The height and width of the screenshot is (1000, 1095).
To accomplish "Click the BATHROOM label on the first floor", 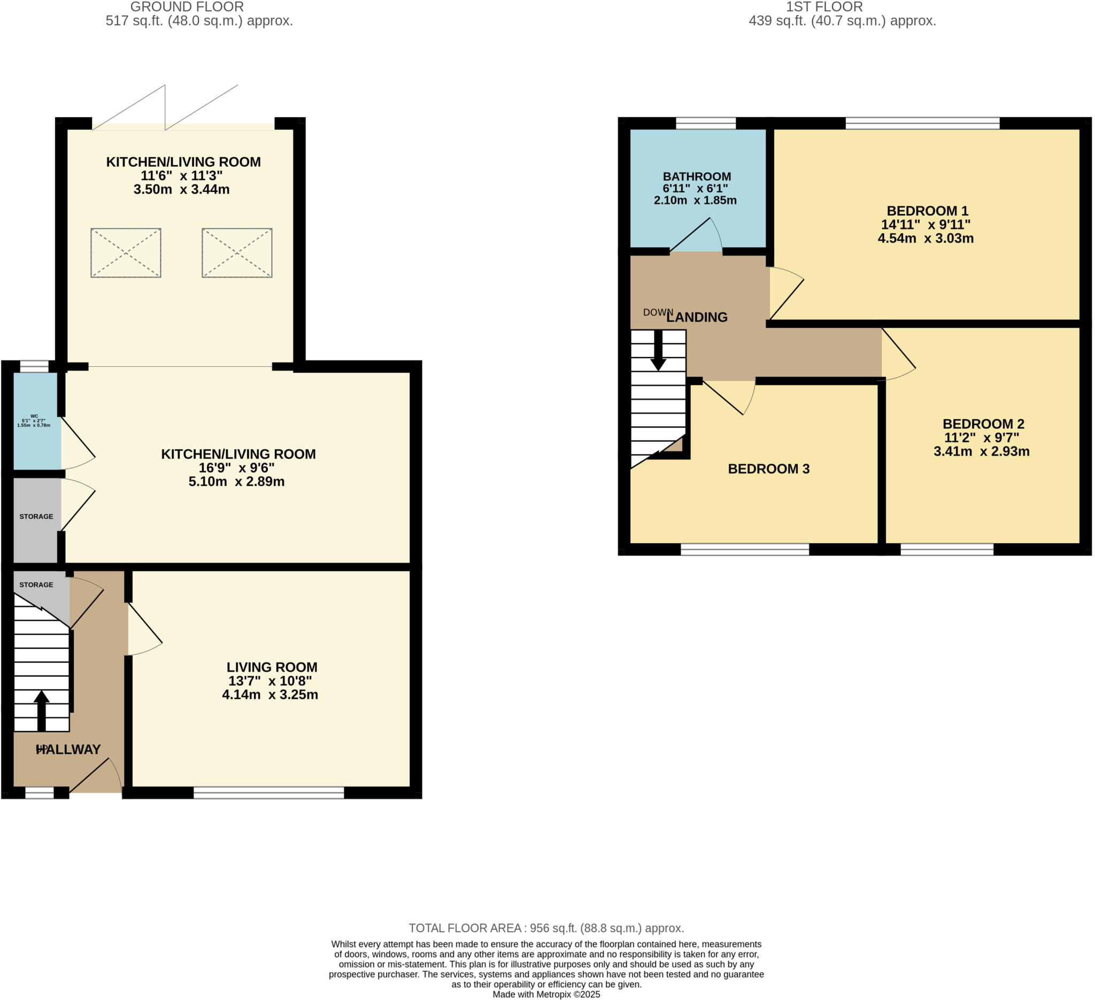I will coord(696,176).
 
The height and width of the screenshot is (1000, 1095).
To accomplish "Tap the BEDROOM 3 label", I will coord(768,469).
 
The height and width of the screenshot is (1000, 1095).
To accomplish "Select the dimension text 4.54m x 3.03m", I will coord(925,239).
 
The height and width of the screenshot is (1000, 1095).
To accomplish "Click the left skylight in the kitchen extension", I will coord(126,253).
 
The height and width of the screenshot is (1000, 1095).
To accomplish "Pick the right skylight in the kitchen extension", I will coord(237,253).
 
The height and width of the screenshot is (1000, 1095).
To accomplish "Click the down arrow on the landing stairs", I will coord(658,351).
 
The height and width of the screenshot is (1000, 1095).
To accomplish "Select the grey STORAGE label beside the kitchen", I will coord(36,517).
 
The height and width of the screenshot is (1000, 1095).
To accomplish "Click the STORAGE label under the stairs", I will coord(36,585).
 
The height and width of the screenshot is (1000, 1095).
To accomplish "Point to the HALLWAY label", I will coord(68,750).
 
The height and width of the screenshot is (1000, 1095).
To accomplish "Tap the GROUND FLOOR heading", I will coord(187,7).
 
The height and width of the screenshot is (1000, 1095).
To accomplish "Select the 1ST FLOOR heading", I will coord(824,7).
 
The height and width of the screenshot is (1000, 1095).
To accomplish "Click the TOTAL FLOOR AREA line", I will coord(546,928).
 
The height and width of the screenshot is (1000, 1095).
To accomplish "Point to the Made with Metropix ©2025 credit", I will coord(546,995).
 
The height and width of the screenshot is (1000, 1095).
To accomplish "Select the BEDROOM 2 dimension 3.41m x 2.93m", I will coord(981,452).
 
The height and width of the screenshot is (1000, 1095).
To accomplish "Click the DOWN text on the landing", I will coord(657,312).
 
